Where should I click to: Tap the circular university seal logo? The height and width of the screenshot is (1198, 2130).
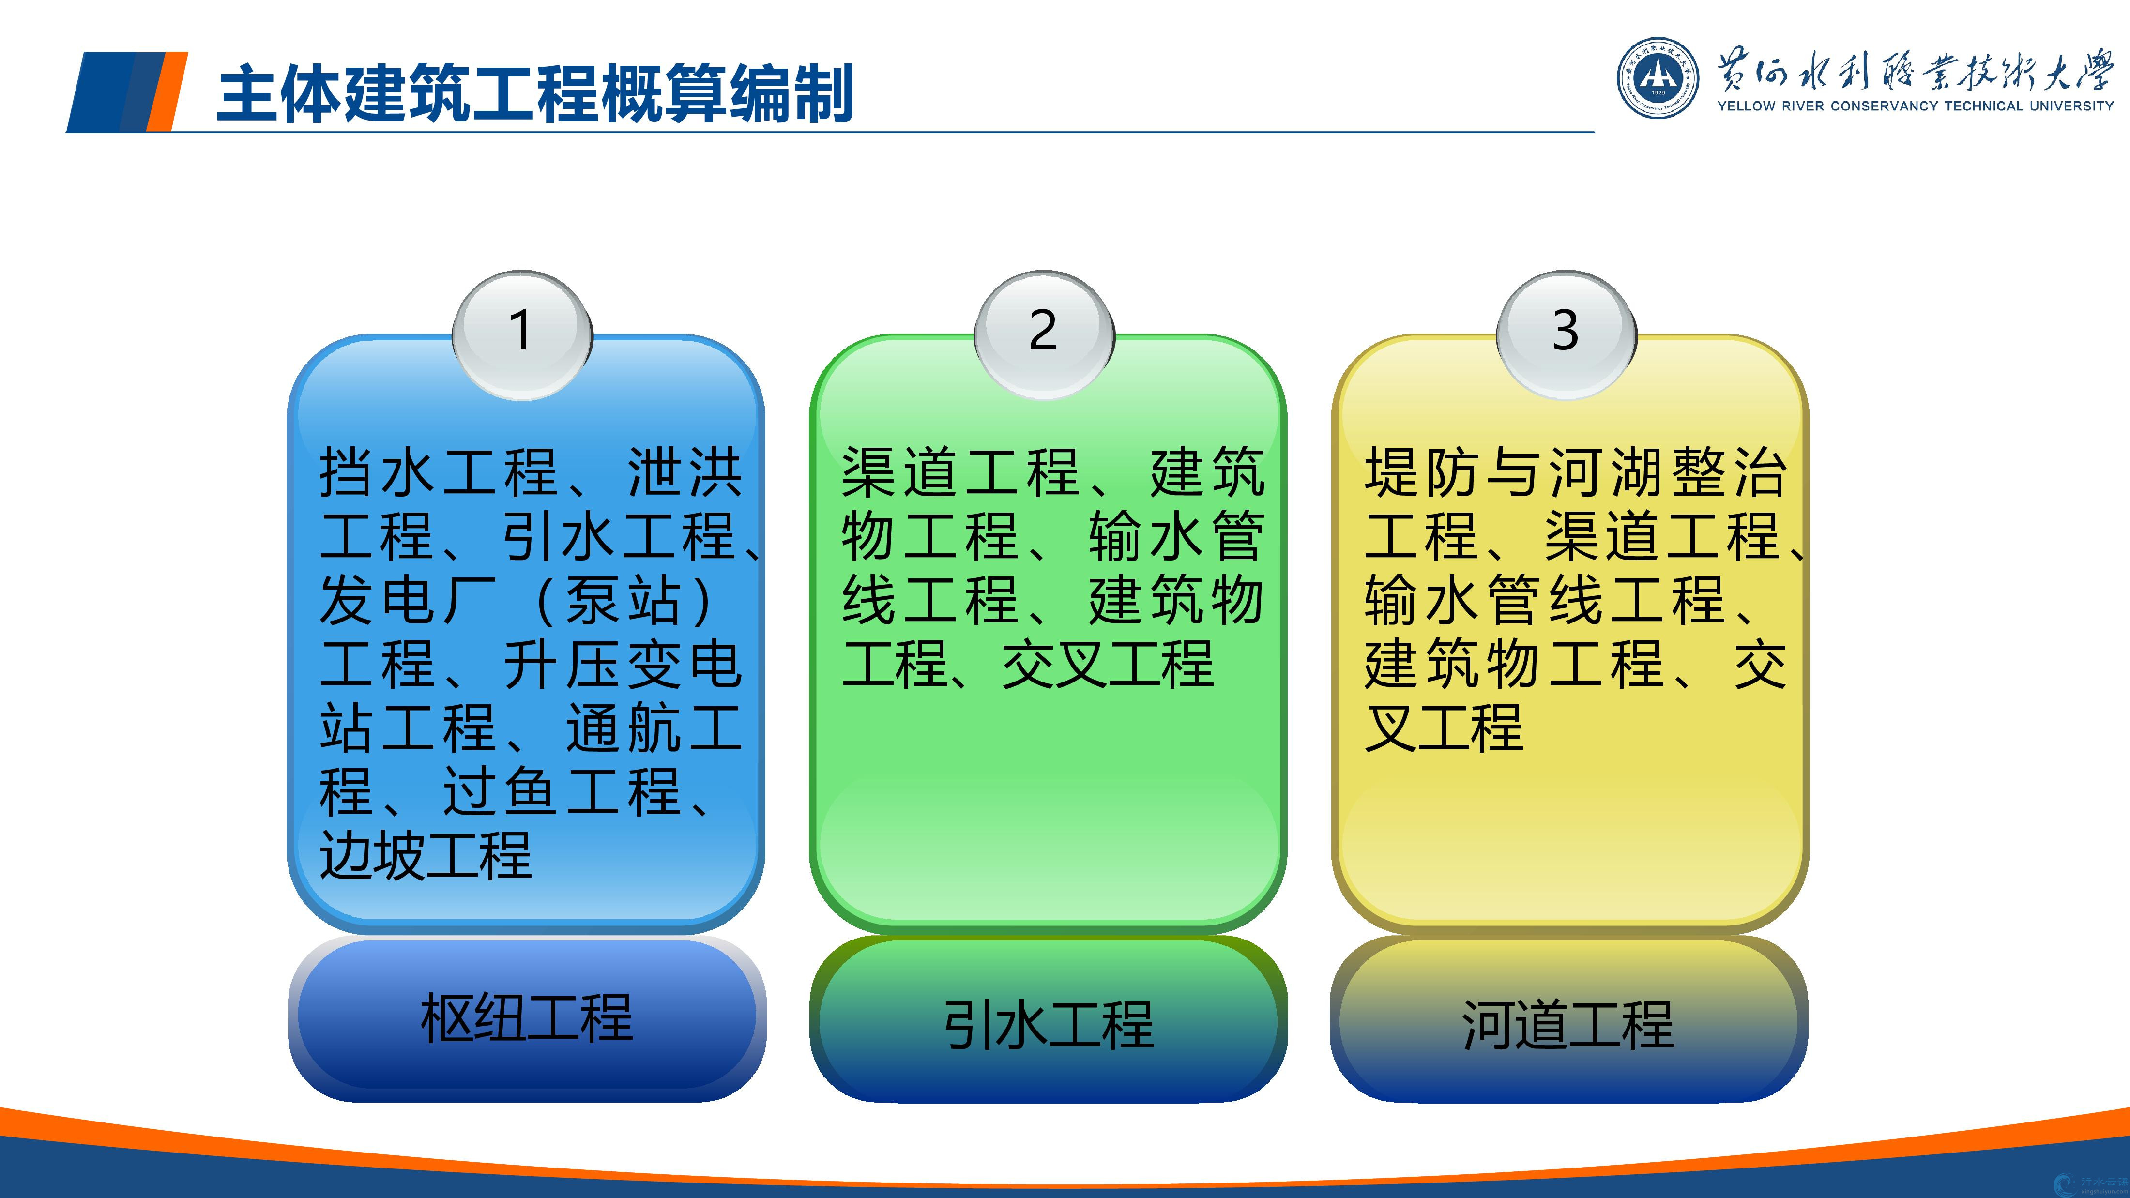pyautogui.click(x=1658, y=78)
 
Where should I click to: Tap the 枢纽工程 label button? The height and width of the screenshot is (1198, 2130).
pyautogui.click(x=527, y=1018)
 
